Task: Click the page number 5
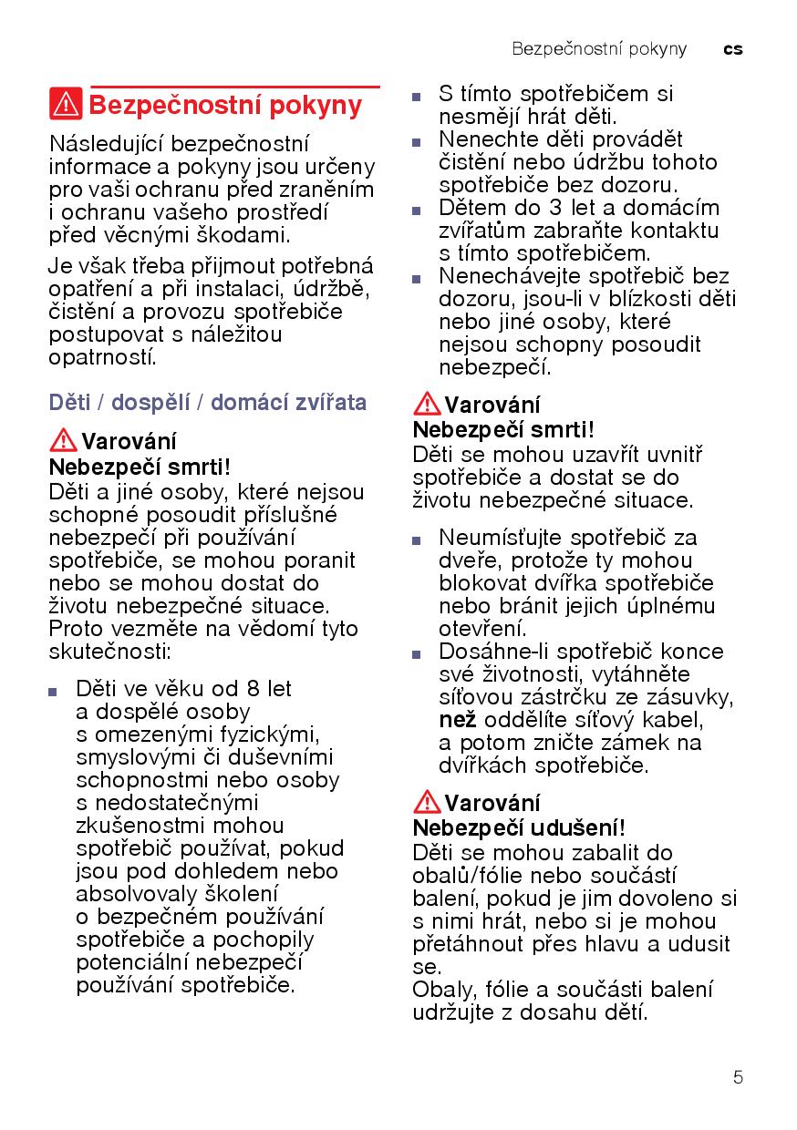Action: point(738,1077)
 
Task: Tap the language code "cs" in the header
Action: point(733,49)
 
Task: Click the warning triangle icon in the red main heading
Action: point(66,105)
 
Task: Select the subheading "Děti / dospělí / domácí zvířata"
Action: point(208,403)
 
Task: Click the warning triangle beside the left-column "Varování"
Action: point(63,441)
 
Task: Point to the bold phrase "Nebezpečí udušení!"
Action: point(519,828)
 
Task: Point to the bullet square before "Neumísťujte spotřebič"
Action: point(417,539)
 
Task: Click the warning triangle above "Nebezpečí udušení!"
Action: point(427,803)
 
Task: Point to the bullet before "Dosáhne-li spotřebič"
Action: point(417,653)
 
